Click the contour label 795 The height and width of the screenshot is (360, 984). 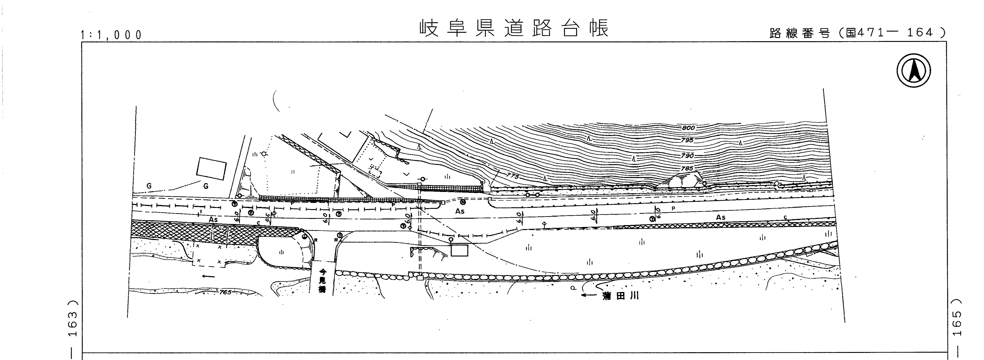coord(687,140)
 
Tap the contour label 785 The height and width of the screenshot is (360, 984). coord(686,168)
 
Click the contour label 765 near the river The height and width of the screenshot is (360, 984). coord(225,292)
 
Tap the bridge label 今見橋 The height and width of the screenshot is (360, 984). coord(323,281)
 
